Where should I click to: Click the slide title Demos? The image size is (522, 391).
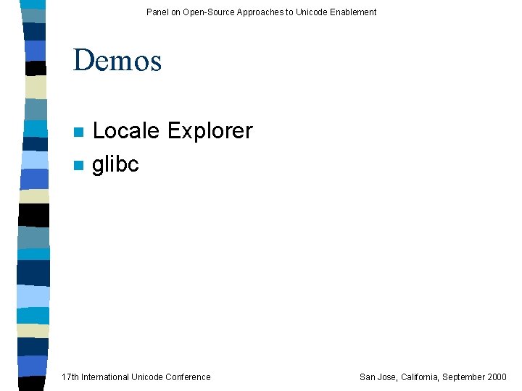pyautogui.click(x=117, y=60)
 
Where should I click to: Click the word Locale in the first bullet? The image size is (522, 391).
pyautogui.click(x=126, y=131)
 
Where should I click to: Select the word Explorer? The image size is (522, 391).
pyautogui.click(x=210, y=131)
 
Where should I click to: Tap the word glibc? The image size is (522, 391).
pyautogui.click(x=115, y=164)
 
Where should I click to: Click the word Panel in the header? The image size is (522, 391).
pyautogui.click(x=157, y=12)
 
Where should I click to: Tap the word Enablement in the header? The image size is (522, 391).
pyautogui.click(x=352, y=12)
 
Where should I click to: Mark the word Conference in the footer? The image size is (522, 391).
pyautogui.click(x=188, y=377)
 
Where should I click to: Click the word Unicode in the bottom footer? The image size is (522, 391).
pyautogui.click(x=148, y=377)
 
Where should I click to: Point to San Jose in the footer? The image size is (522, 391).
pyautogui.click(x=378, y=377)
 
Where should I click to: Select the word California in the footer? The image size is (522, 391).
pyautogui.click(x=420, y=377)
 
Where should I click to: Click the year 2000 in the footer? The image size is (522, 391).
pyautogui.click(x=497, y=377)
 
